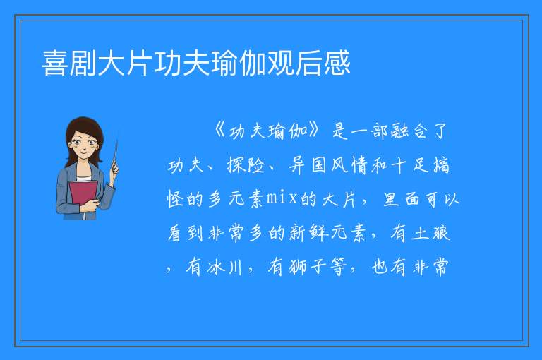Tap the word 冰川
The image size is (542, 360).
click(x=224, y=267)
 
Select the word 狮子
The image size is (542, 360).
click(x=306, y=267)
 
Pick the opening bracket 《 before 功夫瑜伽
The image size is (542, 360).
click(x=220, y=131)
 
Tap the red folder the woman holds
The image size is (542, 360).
click(x=83, y=194)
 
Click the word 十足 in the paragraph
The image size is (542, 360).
click(x=408, y=165)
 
